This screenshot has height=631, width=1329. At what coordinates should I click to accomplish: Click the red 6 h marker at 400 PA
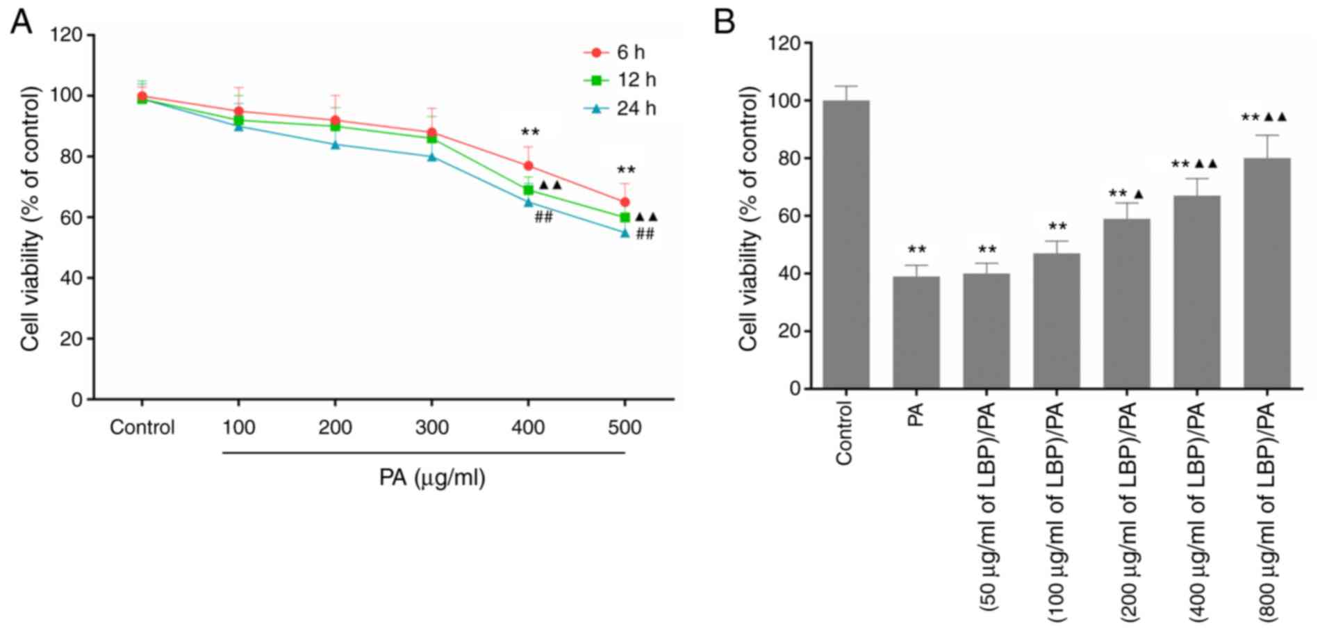[528, 166]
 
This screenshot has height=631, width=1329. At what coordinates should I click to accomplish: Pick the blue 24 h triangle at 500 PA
[625, 233]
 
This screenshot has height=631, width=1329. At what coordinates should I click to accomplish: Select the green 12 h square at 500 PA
[625, 218]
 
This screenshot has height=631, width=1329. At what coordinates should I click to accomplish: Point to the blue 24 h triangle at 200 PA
[335, 145]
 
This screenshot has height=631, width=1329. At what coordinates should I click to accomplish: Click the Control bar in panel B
[845, 244]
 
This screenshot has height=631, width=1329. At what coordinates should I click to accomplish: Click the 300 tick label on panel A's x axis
[431, 427]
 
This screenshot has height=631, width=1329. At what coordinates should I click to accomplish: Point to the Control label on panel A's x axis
[142, 427]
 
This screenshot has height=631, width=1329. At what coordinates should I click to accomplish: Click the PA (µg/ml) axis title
[431, 478]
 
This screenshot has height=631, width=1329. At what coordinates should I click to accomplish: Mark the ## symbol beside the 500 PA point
[645, 234]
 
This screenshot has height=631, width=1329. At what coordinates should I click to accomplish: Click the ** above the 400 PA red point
[529, 132]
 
